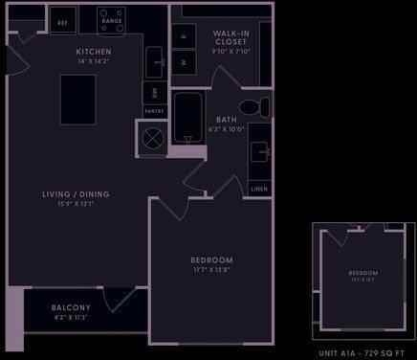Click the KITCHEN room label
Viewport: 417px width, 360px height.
[x=94, y=51]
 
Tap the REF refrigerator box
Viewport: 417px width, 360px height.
[x=63, y=21]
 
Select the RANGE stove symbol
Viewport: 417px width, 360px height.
[x=111, y=19]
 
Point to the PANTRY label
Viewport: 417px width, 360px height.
[x=153, y=112]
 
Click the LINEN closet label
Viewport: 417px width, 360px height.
[x=259, y=189]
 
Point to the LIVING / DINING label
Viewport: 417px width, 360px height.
[x=76, y=194]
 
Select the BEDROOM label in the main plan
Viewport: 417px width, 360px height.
[x=211, y=259]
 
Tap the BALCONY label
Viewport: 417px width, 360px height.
[x=72, y=307]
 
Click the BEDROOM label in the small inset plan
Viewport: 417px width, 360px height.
[x=362, y=274]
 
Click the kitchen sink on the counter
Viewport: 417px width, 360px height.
[x=155, y=63]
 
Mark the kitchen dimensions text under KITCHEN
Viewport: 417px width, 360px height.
[x=94, y=60]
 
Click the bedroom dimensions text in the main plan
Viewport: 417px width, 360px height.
[x=211, y=269]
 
